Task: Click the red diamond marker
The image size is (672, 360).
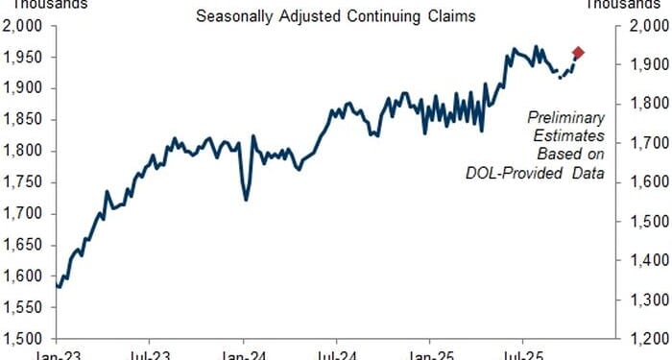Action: pyautogui.click(x=578, y=53)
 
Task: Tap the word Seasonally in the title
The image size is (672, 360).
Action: pyautogui.click(x=234, y=15)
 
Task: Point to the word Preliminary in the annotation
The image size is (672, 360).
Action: pyautogui.click(x=565, y=117)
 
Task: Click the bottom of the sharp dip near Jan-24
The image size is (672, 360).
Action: pyautogui.click(x=247, y=200)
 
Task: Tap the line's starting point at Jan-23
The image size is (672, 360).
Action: pyautogui.click(x=59, y=285)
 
